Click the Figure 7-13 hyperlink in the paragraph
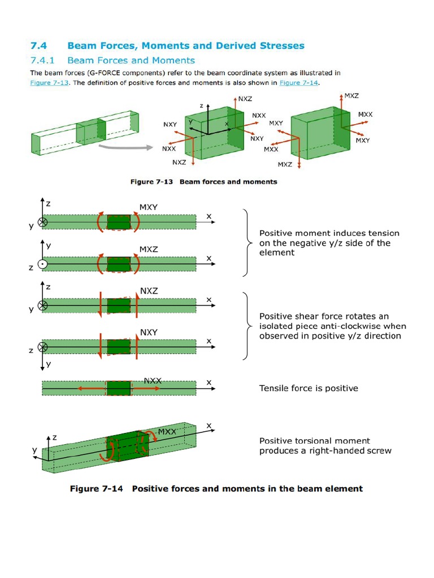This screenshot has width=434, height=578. click(49, 83)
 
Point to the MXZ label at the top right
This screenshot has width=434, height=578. click(351, 96)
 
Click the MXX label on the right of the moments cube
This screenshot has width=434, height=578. click(365, 115)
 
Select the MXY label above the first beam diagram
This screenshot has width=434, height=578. click(149, 207)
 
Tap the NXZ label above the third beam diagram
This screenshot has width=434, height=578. click(149, 291)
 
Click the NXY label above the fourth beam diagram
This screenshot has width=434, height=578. click(149, 332)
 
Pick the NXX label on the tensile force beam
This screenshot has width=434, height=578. click(153, 381)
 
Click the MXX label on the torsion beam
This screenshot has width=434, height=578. click(167, 432)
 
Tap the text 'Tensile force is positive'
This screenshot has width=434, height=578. click(309, 388)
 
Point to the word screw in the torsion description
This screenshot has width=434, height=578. click(379, 451)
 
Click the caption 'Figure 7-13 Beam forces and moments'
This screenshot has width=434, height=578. click(204, 182)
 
